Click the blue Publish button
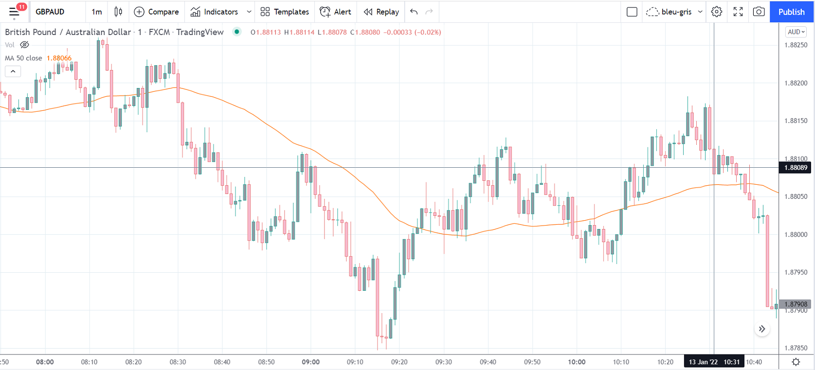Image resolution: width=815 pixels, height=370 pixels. (x=791, y=12)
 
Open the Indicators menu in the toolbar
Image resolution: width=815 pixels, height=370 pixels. (x=215, y=12)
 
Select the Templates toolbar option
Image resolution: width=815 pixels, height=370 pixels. (x=285, y=12)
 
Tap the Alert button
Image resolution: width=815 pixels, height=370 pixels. (x=336, y=12)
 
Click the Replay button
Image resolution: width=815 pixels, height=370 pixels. (x=381, y=12)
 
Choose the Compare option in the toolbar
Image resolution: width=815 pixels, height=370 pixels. (x=157, y=12)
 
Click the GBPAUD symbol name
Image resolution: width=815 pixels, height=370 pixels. (x=50, y=12)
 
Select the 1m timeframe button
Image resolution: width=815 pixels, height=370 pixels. (x=97, y=12)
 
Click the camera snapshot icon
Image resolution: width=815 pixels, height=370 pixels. (x=759, y=12)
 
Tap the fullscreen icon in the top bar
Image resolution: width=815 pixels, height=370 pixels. (x=738, y=12)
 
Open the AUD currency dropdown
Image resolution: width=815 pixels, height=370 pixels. (x=796, y=32)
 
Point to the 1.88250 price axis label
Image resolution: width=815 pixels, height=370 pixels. (x=796, y=45)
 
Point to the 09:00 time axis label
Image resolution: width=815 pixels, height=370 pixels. (x=310, y=362)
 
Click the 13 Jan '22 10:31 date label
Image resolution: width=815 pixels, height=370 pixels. (x=714, y=362)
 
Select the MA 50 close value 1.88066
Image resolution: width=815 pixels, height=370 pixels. (x=59, y=58)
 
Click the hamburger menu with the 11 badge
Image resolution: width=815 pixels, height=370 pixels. (x=15, y=12)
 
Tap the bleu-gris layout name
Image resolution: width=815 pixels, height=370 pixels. (x=676, y=12)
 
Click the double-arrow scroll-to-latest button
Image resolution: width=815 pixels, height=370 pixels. (x=762, y=329)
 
